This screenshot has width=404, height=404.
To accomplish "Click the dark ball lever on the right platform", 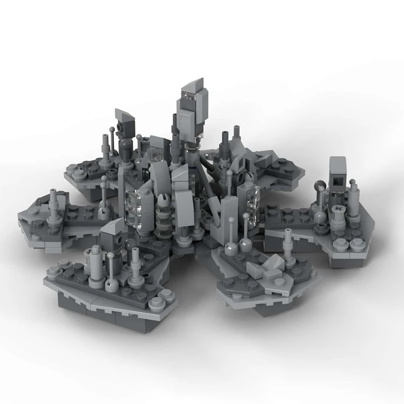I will pos(320,191).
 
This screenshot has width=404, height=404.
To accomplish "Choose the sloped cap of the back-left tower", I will pos(124,115).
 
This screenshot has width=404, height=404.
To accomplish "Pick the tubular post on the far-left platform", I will pos(54,207).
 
